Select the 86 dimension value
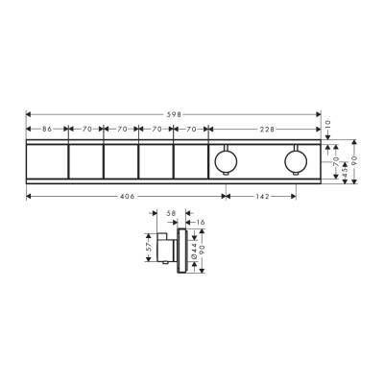pos(46,128)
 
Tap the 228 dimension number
pos(265,128)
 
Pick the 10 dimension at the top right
pos(327,124)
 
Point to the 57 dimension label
pos(148,248)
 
